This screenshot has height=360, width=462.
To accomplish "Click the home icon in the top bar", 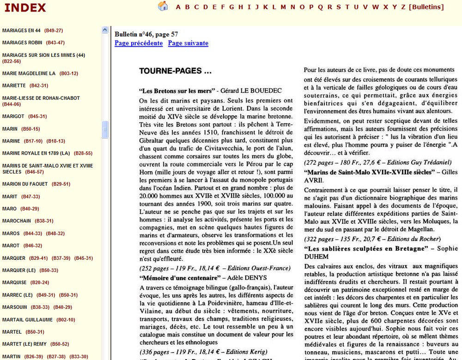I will [163, 6].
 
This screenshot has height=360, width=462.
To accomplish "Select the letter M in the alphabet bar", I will [283, 7].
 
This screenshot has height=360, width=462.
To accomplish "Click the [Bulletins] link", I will [426, 7].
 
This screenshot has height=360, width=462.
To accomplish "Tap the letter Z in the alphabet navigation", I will [403, 7].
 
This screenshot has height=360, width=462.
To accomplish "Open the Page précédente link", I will [139, 43].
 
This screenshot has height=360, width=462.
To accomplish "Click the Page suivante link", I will [188, 43].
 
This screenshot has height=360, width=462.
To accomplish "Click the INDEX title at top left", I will [25, 8].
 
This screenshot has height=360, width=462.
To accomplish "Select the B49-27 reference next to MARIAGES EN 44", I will [54, 30].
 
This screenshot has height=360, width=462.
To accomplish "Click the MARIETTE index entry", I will [14, 85].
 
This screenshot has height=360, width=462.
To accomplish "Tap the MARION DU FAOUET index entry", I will [25, 184].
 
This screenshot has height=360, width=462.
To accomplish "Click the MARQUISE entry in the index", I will [14, 282].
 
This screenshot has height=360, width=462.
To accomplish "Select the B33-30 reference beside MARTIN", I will [79, 356].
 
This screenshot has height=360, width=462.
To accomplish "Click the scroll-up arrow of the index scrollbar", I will [105, 30].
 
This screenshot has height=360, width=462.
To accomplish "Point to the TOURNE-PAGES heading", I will [175, 71].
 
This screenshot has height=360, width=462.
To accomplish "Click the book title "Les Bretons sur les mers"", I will [177, 90].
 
